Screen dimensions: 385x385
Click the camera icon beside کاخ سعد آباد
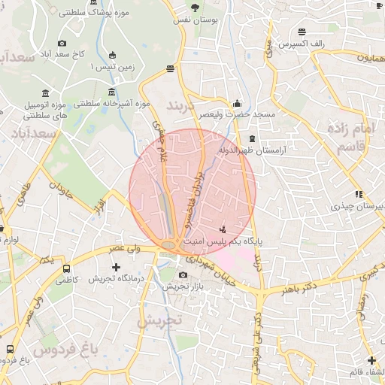coord(62,43)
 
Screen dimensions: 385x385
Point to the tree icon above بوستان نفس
coord(196,8)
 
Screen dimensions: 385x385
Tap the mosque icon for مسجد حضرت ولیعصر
coord(238,104)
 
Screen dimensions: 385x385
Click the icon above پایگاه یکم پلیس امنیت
coord(223,229)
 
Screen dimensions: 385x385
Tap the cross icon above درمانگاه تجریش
coord(116,267)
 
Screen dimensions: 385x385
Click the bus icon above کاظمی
coord(67,268)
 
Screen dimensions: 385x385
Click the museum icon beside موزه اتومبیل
coord(47,93)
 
